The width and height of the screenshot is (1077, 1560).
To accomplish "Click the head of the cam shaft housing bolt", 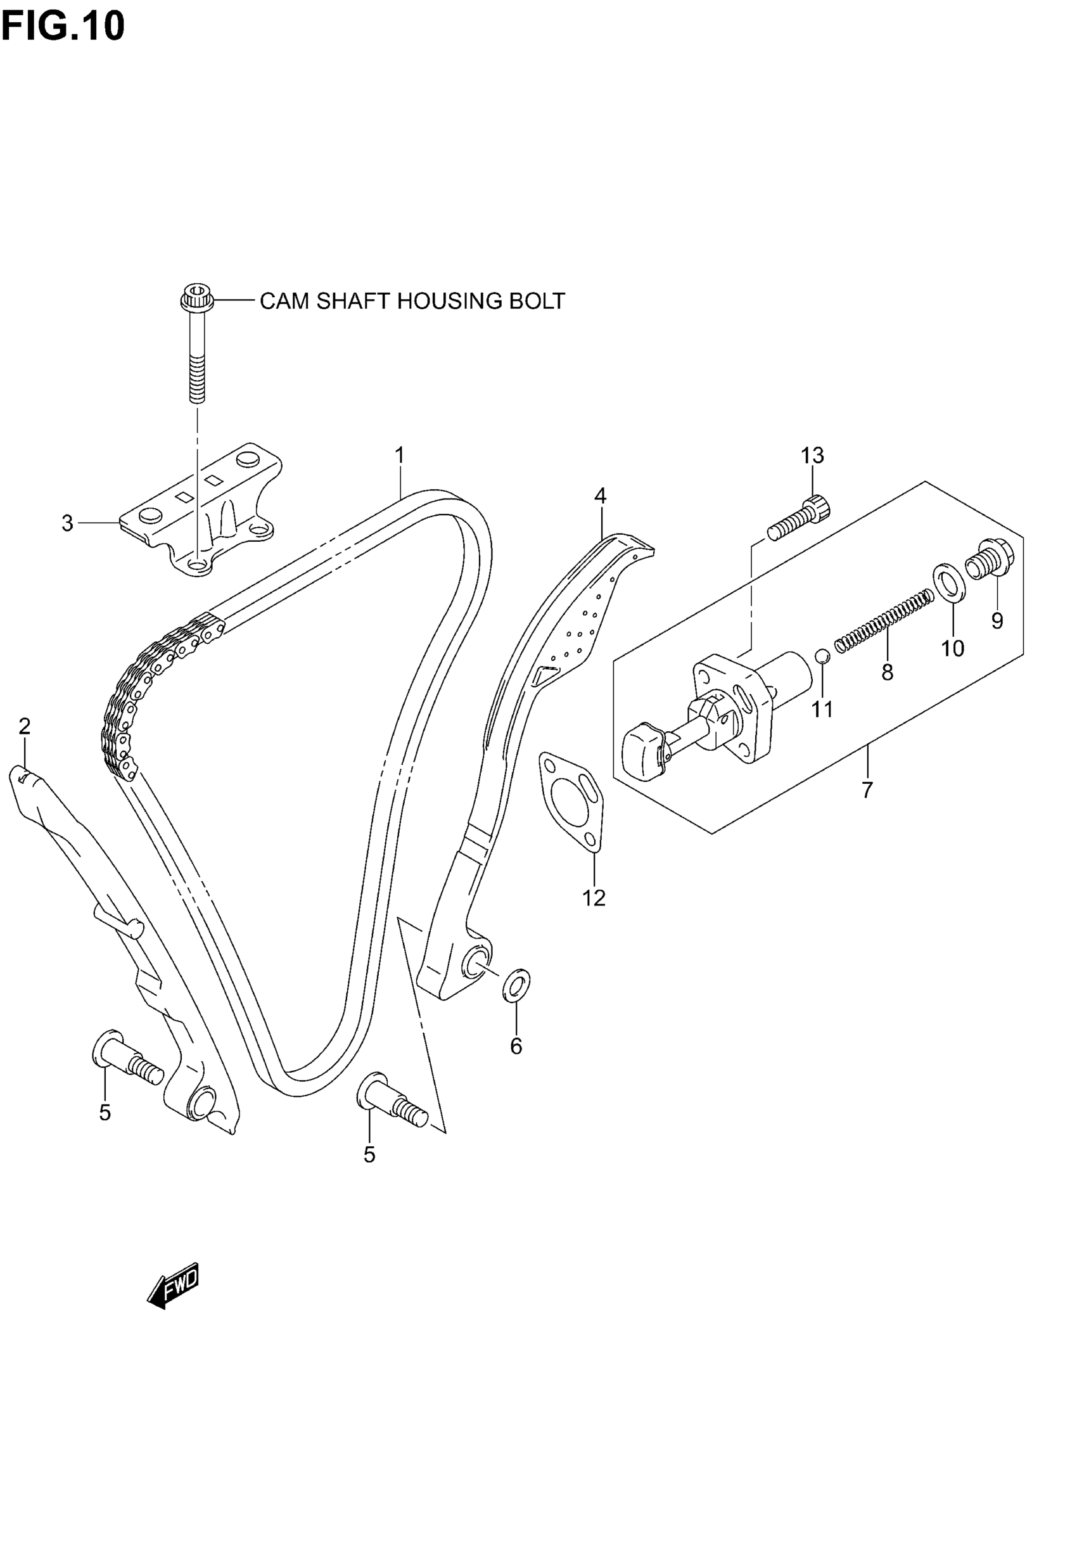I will pos(197,297).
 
